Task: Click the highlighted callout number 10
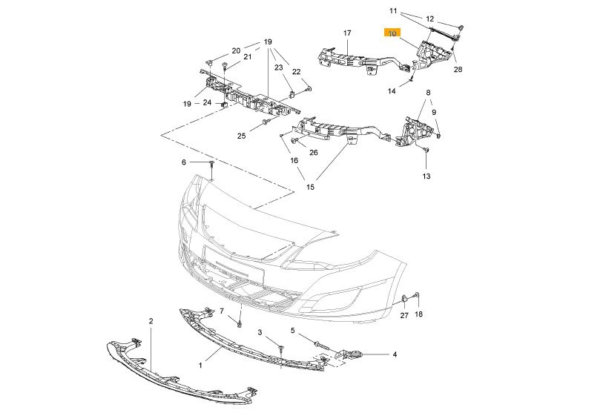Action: point(392,33)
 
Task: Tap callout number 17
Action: point(346,33)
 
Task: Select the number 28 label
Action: point(458,70)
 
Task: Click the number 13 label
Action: point(426,176)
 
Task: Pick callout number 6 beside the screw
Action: point(184,162)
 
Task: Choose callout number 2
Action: point(151,321)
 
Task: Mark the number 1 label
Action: point(200,366)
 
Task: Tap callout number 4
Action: point(395,354)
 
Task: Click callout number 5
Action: point(293,331)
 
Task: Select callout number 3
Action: point(260,333)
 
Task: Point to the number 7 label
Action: point(221,311)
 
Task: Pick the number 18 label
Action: point(418,315)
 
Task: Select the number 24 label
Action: point(208,102)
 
